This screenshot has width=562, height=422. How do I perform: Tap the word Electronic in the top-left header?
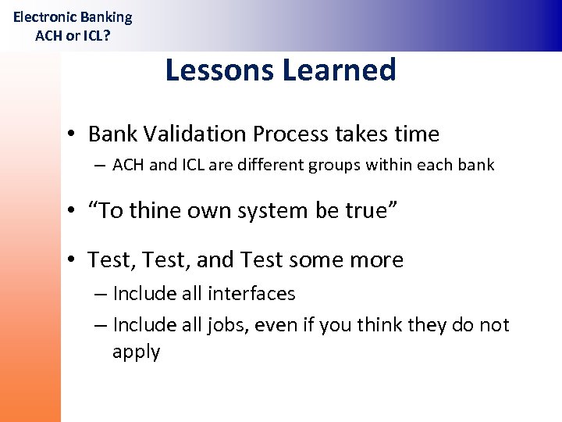(x=44, y=16)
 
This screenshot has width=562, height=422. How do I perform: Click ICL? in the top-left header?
(x=94, y=35)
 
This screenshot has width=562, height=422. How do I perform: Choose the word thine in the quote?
(x=155, y=212)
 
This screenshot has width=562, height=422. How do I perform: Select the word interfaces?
(x=251, y=294)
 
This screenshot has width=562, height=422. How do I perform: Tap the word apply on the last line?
(x=136, y=352)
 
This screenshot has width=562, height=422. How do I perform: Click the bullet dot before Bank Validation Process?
(x=70, y=135)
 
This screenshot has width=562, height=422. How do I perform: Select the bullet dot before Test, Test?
(x=70, y=260)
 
